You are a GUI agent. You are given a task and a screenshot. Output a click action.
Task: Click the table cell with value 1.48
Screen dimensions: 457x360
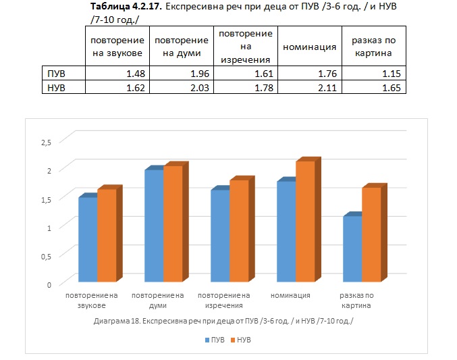pos(117,73)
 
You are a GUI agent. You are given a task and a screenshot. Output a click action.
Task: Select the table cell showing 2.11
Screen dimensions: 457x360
pos(310,87)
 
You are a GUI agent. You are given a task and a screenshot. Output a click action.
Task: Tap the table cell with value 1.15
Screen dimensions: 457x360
pos(374,73)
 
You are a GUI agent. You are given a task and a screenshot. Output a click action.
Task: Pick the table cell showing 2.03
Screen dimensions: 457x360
pos(182,87)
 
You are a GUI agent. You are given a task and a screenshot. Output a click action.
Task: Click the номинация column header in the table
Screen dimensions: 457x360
pos(310,47)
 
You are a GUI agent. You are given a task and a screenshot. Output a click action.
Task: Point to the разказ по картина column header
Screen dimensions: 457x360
pos(374,47)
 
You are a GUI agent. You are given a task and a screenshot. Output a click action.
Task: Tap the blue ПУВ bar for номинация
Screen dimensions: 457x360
pos(286,232)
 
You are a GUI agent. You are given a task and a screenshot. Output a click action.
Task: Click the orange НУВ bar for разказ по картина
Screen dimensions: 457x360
pos(371,234)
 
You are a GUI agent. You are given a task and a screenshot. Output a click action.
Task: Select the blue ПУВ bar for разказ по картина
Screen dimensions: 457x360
pos(352,249)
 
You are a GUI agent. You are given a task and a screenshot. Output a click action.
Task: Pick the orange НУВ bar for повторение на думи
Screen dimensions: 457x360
pos(173,224)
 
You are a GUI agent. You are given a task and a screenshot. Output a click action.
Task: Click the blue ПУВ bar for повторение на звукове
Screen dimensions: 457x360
pos(88,240)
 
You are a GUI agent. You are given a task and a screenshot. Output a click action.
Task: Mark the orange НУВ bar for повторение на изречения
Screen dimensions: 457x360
pos(239,231)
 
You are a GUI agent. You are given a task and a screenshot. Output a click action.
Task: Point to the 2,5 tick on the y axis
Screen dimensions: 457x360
pos(46,143)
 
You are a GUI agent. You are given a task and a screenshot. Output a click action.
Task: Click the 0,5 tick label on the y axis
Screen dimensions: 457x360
pos(46,257)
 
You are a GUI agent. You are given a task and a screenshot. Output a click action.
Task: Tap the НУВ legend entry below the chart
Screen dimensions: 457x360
pos(241,340)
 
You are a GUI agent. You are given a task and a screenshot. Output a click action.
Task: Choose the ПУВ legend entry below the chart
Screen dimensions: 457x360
pos(215,340)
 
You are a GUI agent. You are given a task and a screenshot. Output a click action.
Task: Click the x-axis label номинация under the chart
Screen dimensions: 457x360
pos(290,295)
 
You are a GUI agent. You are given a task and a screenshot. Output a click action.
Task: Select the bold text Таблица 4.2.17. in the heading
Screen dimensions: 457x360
pos(126,6)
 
